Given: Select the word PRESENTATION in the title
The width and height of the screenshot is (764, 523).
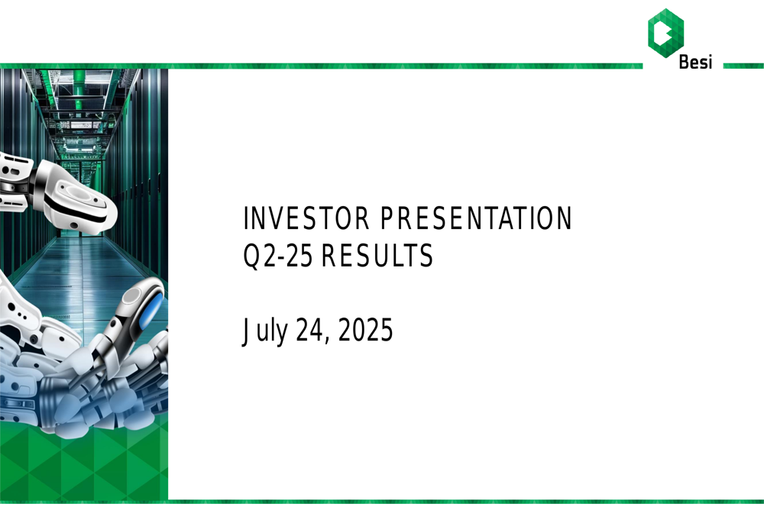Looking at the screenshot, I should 476,220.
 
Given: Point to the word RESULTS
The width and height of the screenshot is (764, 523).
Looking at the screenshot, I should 377,257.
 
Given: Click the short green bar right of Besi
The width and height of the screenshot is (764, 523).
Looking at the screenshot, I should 743,66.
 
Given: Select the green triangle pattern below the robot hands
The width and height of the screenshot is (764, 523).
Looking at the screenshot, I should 84,466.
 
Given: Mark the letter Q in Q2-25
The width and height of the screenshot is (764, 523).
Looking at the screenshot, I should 251,257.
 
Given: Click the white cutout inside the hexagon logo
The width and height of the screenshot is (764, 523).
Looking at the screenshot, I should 667,33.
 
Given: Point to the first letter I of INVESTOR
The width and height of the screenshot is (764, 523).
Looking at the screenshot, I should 245,220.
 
